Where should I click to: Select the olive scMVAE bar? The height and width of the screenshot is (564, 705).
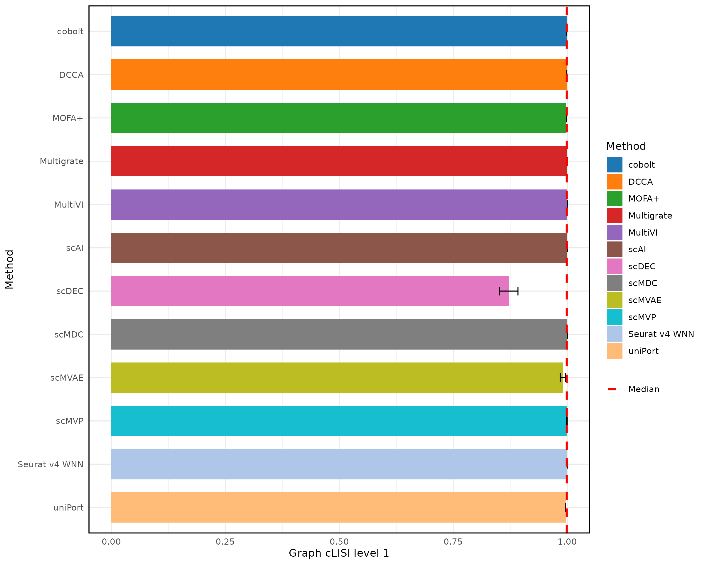tap(337, 378)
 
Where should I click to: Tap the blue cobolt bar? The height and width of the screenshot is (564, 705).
tap(339, 31)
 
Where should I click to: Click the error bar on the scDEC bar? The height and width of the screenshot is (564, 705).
tap(509, 291)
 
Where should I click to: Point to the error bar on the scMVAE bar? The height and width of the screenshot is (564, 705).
tap(563, 378)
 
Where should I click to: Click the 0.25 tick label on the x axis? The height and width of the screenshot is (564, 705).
tap(225, 542)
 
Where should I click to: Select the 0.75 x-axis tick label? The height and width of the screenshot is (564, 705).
tap(453, 542)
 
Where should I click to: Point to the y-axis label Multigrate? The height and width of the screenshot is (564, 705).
tap(61, 162)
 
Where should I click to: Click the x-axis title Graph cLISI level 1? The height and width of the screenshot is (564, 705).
tap(339, 553)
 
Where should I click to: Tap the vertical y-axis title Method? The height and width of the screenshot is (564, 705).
tap(9, 269)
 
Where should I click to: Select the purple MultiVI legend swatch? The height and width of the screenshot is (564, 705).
tap(615, 232)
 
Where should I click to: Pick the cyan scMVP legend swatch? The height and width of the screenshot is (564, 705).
tap(615, 317)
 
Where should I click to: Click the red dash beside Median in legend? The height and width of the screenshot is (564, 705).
tap(612, 389)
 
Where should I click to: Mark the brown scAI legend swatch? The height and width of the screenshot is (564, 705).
tap(615, 249)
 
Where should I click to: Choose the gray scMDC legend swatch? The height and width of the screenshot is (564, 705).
tap(615, 283)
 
